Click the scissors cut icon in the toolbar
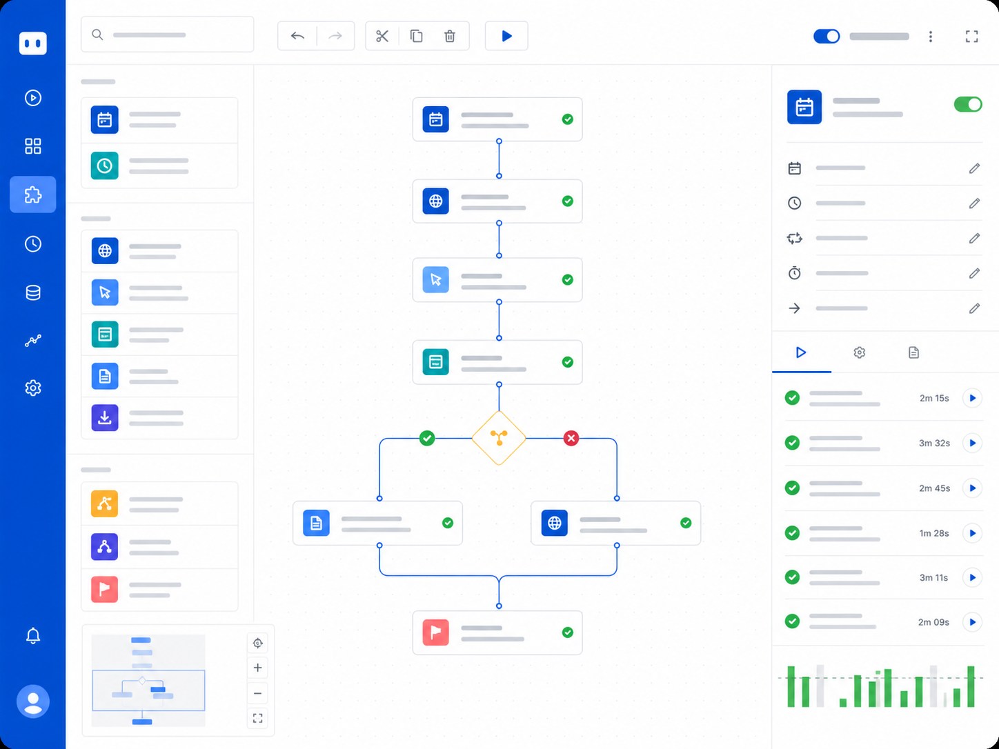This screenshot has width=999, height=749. pos(382,36)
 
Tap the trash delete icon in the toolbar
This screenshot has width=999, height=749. pos(450,36)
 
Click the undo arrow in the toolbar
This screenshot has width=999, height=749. pos(297,36)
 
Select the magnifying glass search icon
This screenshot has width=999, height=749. pos(97,34)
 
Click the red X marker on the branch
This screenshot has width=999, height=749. pos(571,438)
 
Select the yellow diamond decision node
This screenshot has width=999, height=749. pos(499,438)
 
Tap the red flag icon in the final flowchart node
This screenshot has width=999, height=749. pos(435,632)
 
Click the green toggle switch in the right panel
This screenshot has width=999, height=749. pos(967,104)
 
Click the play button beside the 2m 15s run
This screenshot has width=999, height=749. pos(972,398)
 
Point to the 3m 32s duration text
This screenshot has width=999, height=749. pos(934,443)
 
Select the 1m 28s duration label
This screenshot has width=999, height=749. pos(934,533)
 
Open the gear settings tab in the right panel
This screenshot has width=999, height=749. pos(859,352)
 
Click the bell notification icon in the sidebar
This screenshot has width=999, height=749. pos(32,635)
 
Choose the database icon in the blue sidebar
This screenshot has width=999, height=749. pos(32,292)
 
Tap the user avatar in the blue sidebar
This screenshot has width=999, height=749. pos(32,701)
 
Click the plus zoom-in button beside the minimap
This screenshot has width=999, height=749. pos(257,668)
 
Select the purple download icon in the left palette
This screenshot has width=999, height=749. pos(105,417)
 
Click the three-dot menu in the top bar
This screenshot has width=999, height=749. pos(931,37)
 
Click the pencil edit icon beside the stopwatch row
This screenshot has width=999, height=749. pos(974,273)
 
